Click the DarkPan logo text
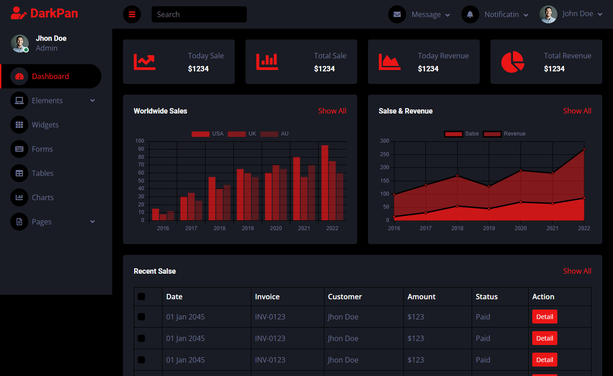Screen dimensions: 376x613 (x=54, y=13)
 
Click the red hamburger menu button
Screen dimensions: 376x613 (x=132, y=14)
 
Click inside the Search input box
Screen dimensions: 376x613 (x=199, y=14)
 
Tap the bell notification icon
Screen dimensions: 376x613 (x=470, y=14)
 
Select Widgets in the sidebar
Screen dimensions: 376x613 (x=45, y=125)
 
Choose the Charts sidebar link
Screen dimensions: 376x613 (x=43, y=197)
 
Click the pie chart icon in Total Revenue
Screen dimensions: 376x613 (x=512, y=62)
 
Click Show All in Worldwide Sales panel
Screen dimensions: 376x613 (x=332, y=111)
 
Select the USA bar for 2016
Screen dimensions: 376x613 (x=155, y=214)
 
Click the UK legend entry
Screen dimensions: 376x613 (x=242, y=134)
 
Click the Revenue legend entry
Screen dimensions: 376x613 (x=504, y=134)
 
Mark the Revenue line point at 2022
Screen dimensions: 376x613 (x=584, y=149)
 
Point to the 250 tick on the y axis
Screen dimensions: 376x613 (x=384, y=154)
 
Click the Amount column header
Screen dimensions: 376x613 (x=421, y=297)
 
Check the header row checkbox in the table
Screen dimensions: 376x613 (x=141, y=297)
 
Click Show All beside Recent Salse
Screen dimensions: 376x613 (x=577, y=271)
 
